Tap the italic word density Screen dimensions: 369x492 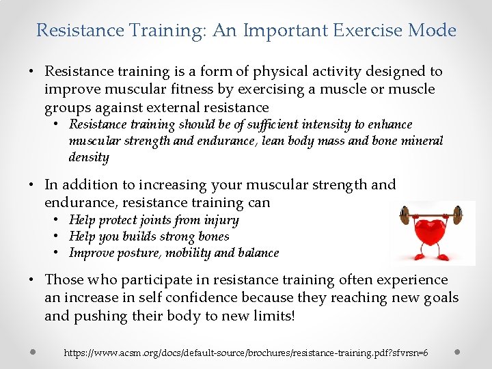pos(89,157)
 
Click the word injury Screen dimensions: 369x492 pos(222,220)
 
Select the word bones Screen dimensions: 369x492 pos(213,236)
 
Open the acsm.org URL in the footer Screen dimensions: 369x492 pos(246,353)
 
